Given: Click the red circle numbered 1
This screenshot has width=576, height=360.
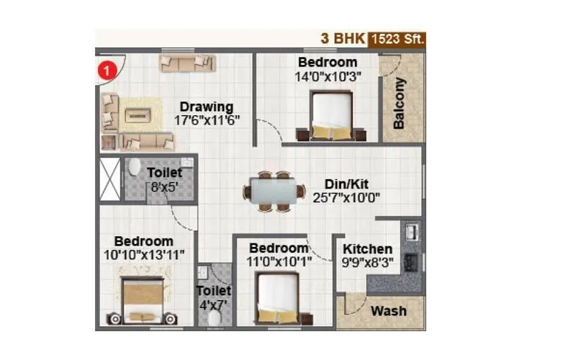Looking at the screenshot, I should (x=107, y=70).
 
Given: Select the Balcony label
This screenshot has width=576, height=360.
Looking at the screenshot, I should (x=399, y=102).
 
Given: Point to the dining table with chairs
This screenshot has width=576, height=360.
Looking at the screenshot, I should (x=274, y=192).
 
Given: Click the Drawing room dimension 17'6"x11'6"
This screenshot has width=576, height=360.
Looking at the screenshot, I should (x=207, y=121).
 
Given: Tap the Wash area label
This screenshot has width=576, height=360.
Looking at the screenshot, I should (x=389, y=311).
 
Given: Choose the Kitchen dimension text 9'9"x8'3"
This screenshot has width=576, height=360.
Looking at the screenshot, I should (x=367, y=263).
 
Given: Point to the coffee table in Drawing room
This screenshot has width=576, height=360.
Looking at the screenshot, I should (x=138, y=114).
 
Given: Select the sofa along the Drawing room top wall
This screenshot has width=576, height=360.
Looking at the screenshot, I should (x=186, y=63).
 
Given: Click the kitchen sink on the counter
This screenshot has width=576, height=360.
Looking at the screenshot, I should (x=412, y=232).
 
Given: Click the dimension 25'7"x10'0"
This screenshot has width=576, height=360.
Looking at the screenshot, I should (x=346, y=197).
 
